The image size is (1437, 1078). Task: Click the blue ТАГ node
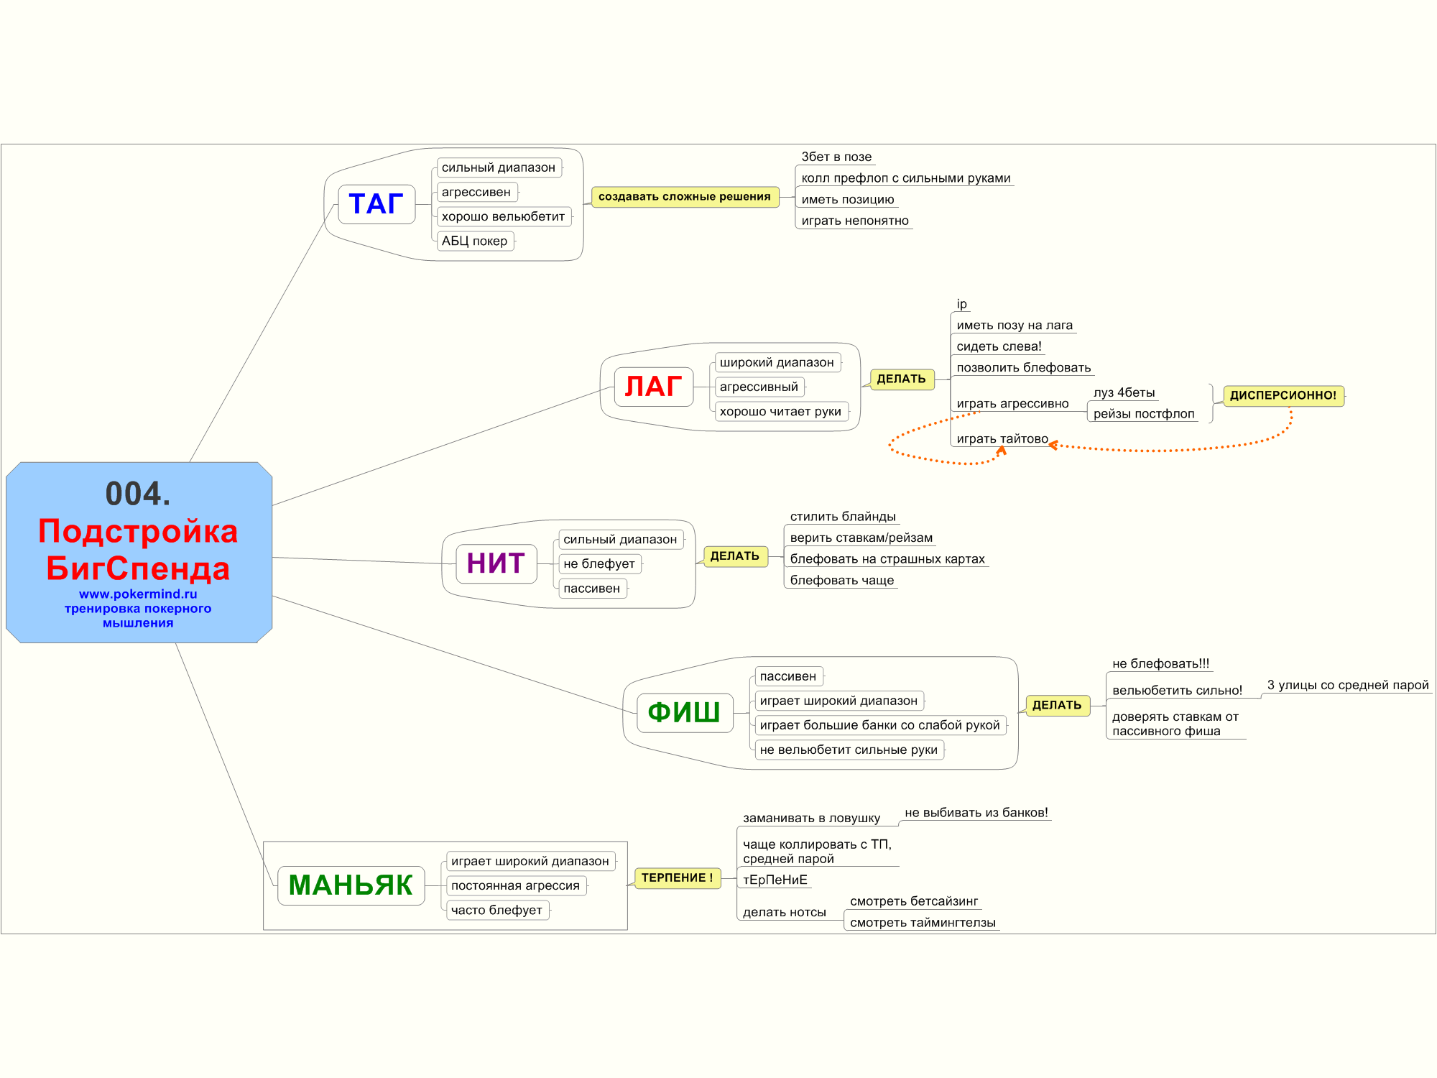click(x=376, y=204)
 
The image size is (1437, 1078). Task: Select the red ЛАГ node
click(x=653, y=387)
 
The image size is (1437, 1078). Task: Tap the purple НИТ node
click(x=496, y=563)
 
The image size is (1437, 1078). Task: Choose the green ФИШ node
click(x=684, y=712)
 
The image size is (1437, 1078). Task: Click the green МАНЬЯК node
click(x=351, y=885)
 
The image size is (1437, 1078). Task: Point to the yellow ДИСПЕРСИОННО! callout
click(x=1283, y=395)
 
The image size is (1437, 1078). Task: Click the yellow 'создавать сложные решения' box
click(x=684, y=197)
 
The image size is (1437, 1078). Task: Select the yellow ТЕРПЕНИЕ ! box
click(x=677, y=878)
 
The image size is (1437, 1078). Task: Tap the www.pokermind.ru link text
click(x=138, y=594)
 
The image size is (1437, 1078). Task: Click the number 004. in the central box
click(x=138, y=494)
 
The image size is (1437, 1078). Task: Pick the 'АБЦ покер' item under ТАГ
click(x=474, y=241)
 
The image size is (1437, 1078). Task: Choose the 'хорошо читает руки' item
click(x=780, y=412)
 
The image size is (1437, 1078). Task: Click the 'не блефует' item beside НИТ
click(x=599, y=564)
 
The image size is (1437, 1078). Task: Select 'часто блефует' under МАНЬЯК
click(x=496, y=911)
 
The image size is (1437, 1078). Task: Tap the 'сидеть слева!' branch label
click(x=999, y=346)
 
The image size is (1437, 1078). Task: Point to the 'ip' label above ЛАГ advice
click(x=961, y=304)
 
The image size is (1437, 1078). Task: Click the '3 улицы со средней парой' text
click(x=1348, y=686)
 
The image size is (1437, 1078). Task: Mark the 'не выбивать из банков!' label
click(x=976, y=813)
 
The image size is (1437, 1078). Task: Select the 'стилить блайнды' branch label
click(x=843, y=517)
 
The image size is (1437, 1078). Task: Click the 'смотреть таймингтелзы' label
click(x=923, y=923)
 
